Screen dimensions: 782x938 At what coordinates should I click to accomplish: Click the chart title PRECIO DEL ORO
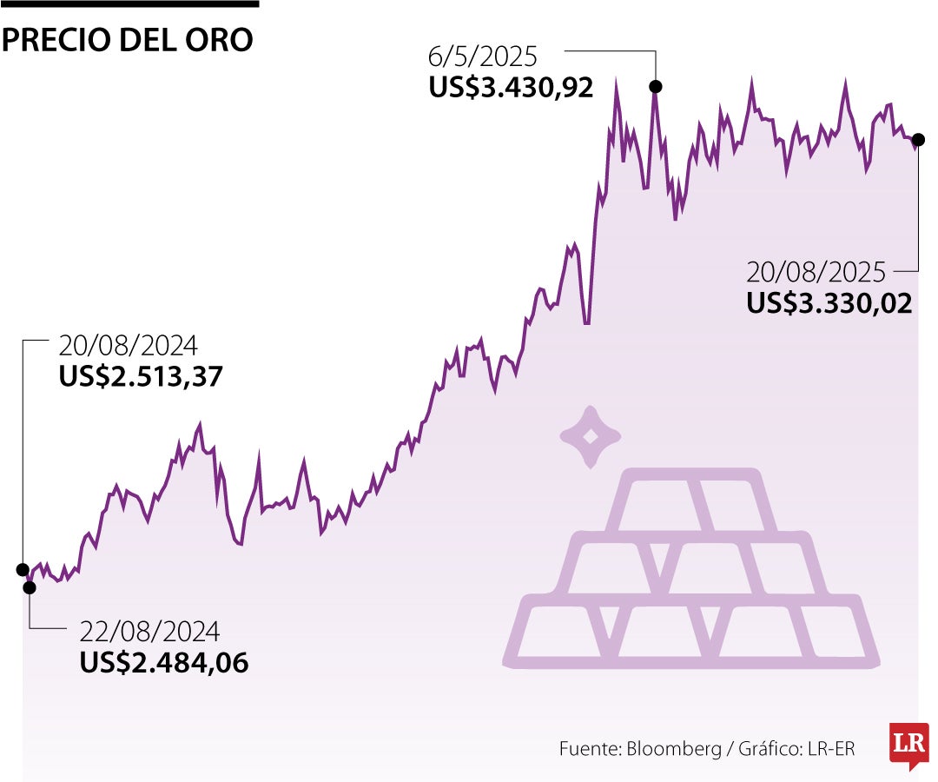(x=128, y=40)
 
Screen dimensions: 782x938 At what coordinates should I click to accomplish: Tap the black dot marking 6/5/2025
(x=656, y=86)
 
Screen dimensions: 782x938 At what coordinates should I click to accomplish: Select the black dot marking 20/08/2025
(x=919, y=139)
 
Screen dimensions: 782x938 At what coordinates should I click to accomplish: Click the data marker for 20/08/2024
(x=23, y=569)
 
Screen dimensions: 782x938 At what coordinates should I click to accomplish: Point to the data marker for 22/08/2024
(x=30, y=587)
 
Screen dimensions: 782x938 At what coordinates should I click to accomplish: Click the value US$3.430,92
(x=511, y=88)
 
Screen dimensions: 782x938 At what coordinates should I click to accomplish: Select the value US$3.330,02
(x=829, y=303)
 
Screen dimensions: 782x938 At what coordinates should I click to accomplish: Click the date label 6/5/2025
(x=483, y=57)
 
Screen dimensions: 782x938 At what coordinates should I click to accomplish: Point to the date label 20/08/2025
(x=816, y=273)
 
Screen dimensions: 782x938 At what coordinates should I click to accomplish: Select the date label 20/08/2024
(x=129, y=346)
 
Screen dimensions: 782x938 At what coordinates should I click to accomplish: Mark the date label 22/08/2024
(x=149, y=631)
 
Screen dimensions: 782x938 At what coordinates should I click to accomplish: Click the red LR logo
(x=908, y=746)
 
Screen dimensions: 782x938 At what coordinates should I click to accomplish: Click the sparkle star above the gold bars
(x=590, y=437)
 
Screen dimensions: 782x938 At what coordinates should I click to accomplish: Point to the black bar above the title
(x=129, y=3)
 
